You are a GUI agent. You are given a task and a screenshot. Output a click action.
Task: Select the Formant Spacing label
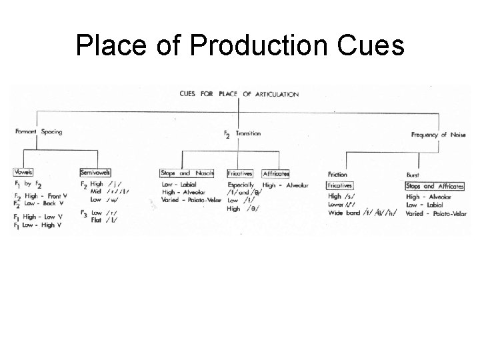(x=39, y=131)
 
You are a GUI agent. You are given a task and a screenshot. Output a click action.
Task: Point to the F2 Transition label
(x=242, y=133)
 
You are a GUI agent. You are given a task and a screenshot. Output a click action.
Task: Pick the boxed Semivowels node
(x=95, y=172)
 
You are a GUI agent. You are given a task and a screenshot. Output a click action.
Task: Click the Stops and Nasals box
(x=187, y=173)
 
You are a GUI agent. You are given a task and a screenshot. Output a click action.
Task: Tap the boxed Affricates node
(x=275, y=173)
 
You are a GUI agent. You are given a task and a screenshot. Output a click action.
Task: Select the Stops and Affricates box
(x=438, y=186)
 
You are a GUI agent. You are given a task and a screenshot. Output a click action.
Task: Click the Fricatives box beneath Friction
(x=340, y=185)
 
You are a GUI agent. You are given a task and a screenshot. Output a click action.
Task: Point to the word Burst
(x=413, y=175)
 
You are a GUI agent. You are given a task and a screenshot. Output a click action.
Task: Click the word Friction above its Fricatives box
(x=337, y=175)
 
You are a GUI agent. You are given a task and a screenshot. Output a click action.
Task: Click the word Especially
(x=241, y=184)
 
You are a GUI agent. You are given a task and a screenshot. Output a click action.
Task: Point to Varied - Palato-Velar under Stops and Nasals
(x=191, y=199)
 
